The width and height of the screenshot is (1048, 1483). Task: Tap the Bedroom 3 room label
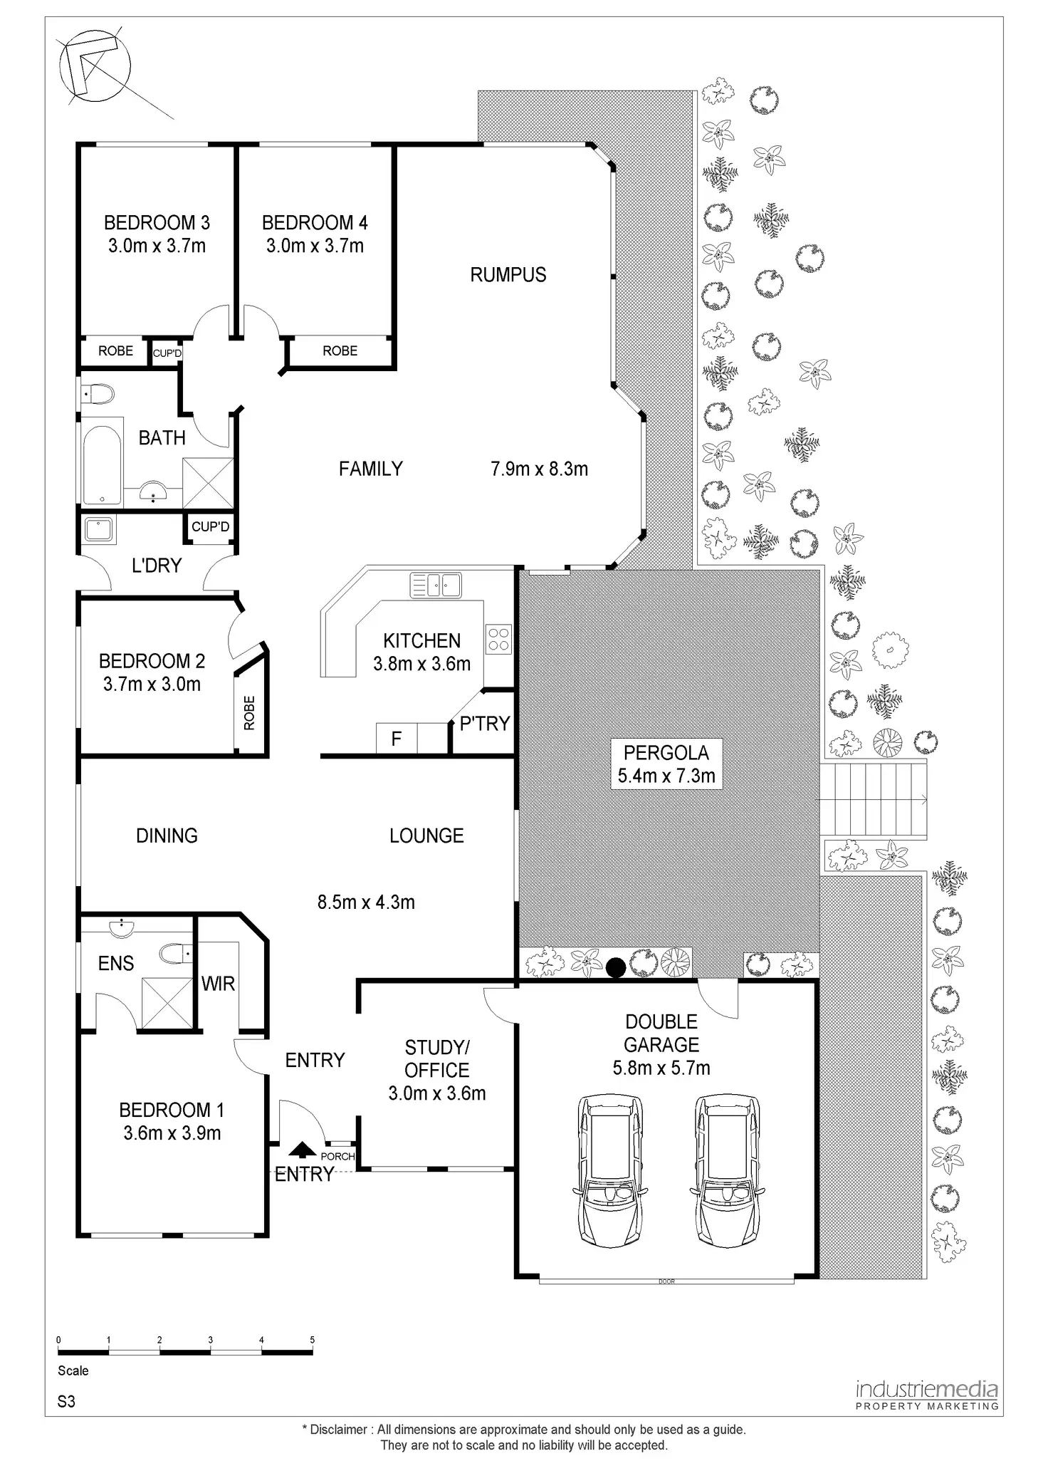pos(157,223)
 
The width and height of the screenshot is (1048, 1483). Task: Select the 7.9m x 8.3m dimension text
pos(539,469)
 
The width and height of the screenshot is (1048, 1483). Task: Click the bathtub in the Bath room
pos(102,465)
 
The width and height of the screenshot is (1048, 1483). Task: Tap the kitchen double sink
pos(436,585)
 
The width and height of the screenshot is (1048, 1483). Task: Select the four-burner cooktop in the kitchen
pos(498,639)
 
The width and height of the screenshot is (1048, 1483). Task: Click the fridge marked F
pos(397,739)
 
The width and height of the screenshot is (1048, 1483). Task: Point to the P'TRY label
pos(484,724)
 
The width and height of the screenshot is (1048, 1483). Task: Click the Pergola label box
pos(666,764)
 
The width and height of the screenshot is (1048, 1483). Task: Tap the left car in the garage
pos(610,1170)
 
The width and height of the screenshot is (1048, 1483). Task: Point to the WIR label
pos(218,984)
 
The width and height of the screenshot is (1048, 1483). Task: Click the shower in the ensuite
pos(167,1003)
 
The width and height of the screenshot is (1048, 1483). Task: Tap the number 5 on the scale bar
pos(313,1340)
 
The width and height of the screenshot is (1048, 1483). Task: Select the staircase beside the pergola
pos(874,798)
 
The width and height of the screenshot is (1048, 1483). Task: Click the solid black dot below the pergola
pos(616,967)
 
